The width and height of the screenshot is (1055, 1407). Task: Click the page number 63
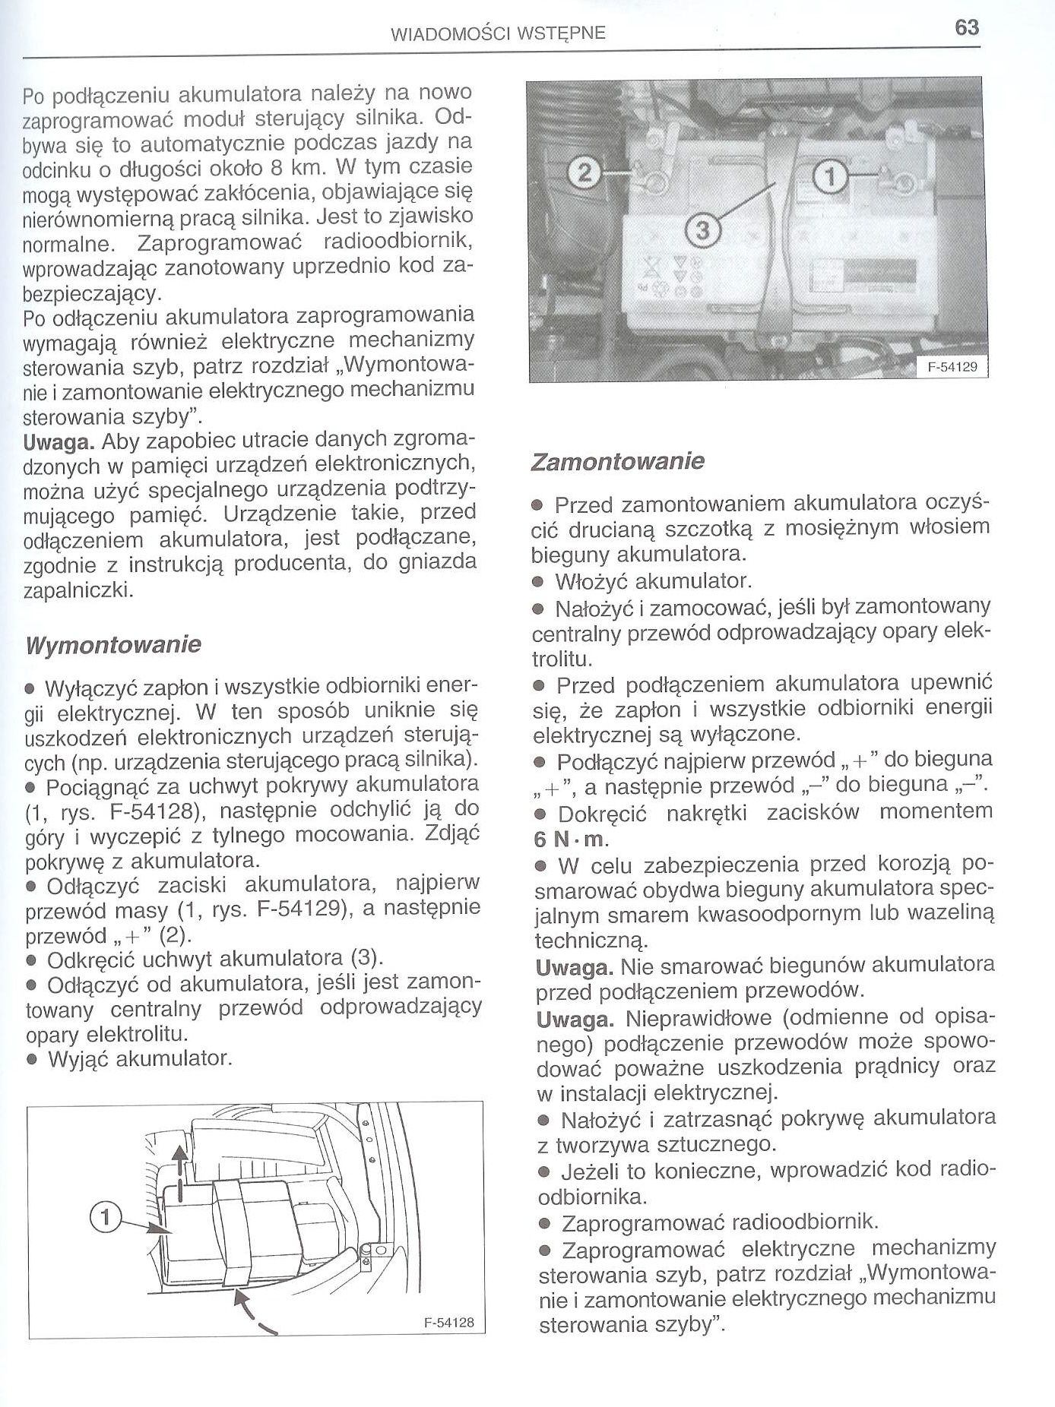pyautogui.click(x=966, y=28)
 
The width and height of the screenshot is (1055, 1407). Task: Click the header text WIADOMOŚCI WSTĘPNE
pyautogui.click(x=498, y=33)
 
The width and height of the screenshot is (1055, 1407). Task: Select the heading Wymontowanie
pyautogui.click(x=113, y=645)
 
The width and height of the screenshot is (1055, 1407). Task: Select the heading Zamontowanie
pyautogui.click(x=617, y=461)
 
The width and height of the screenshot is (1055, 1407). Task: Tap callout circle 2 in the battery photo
pyautogui.click(x=583, y=175)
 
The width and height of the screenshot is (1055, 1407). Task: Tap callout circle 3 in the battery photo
pyautogui.click(x=702, y=231)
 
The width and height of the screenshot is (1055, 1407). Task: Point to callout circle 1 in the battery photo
pyautogui.click(x=831, y=178)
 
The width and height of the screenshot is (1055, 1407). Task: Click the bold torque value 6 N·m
pyautogui.click(x=572, y=839)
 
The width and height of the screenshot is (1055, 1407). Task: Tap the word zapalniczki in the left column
pyautogui.click(x=78, y=590)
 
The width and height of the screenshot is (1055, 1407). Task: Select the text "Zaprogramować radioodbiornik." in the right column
pyautogui.click(x=719, y=1222)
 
